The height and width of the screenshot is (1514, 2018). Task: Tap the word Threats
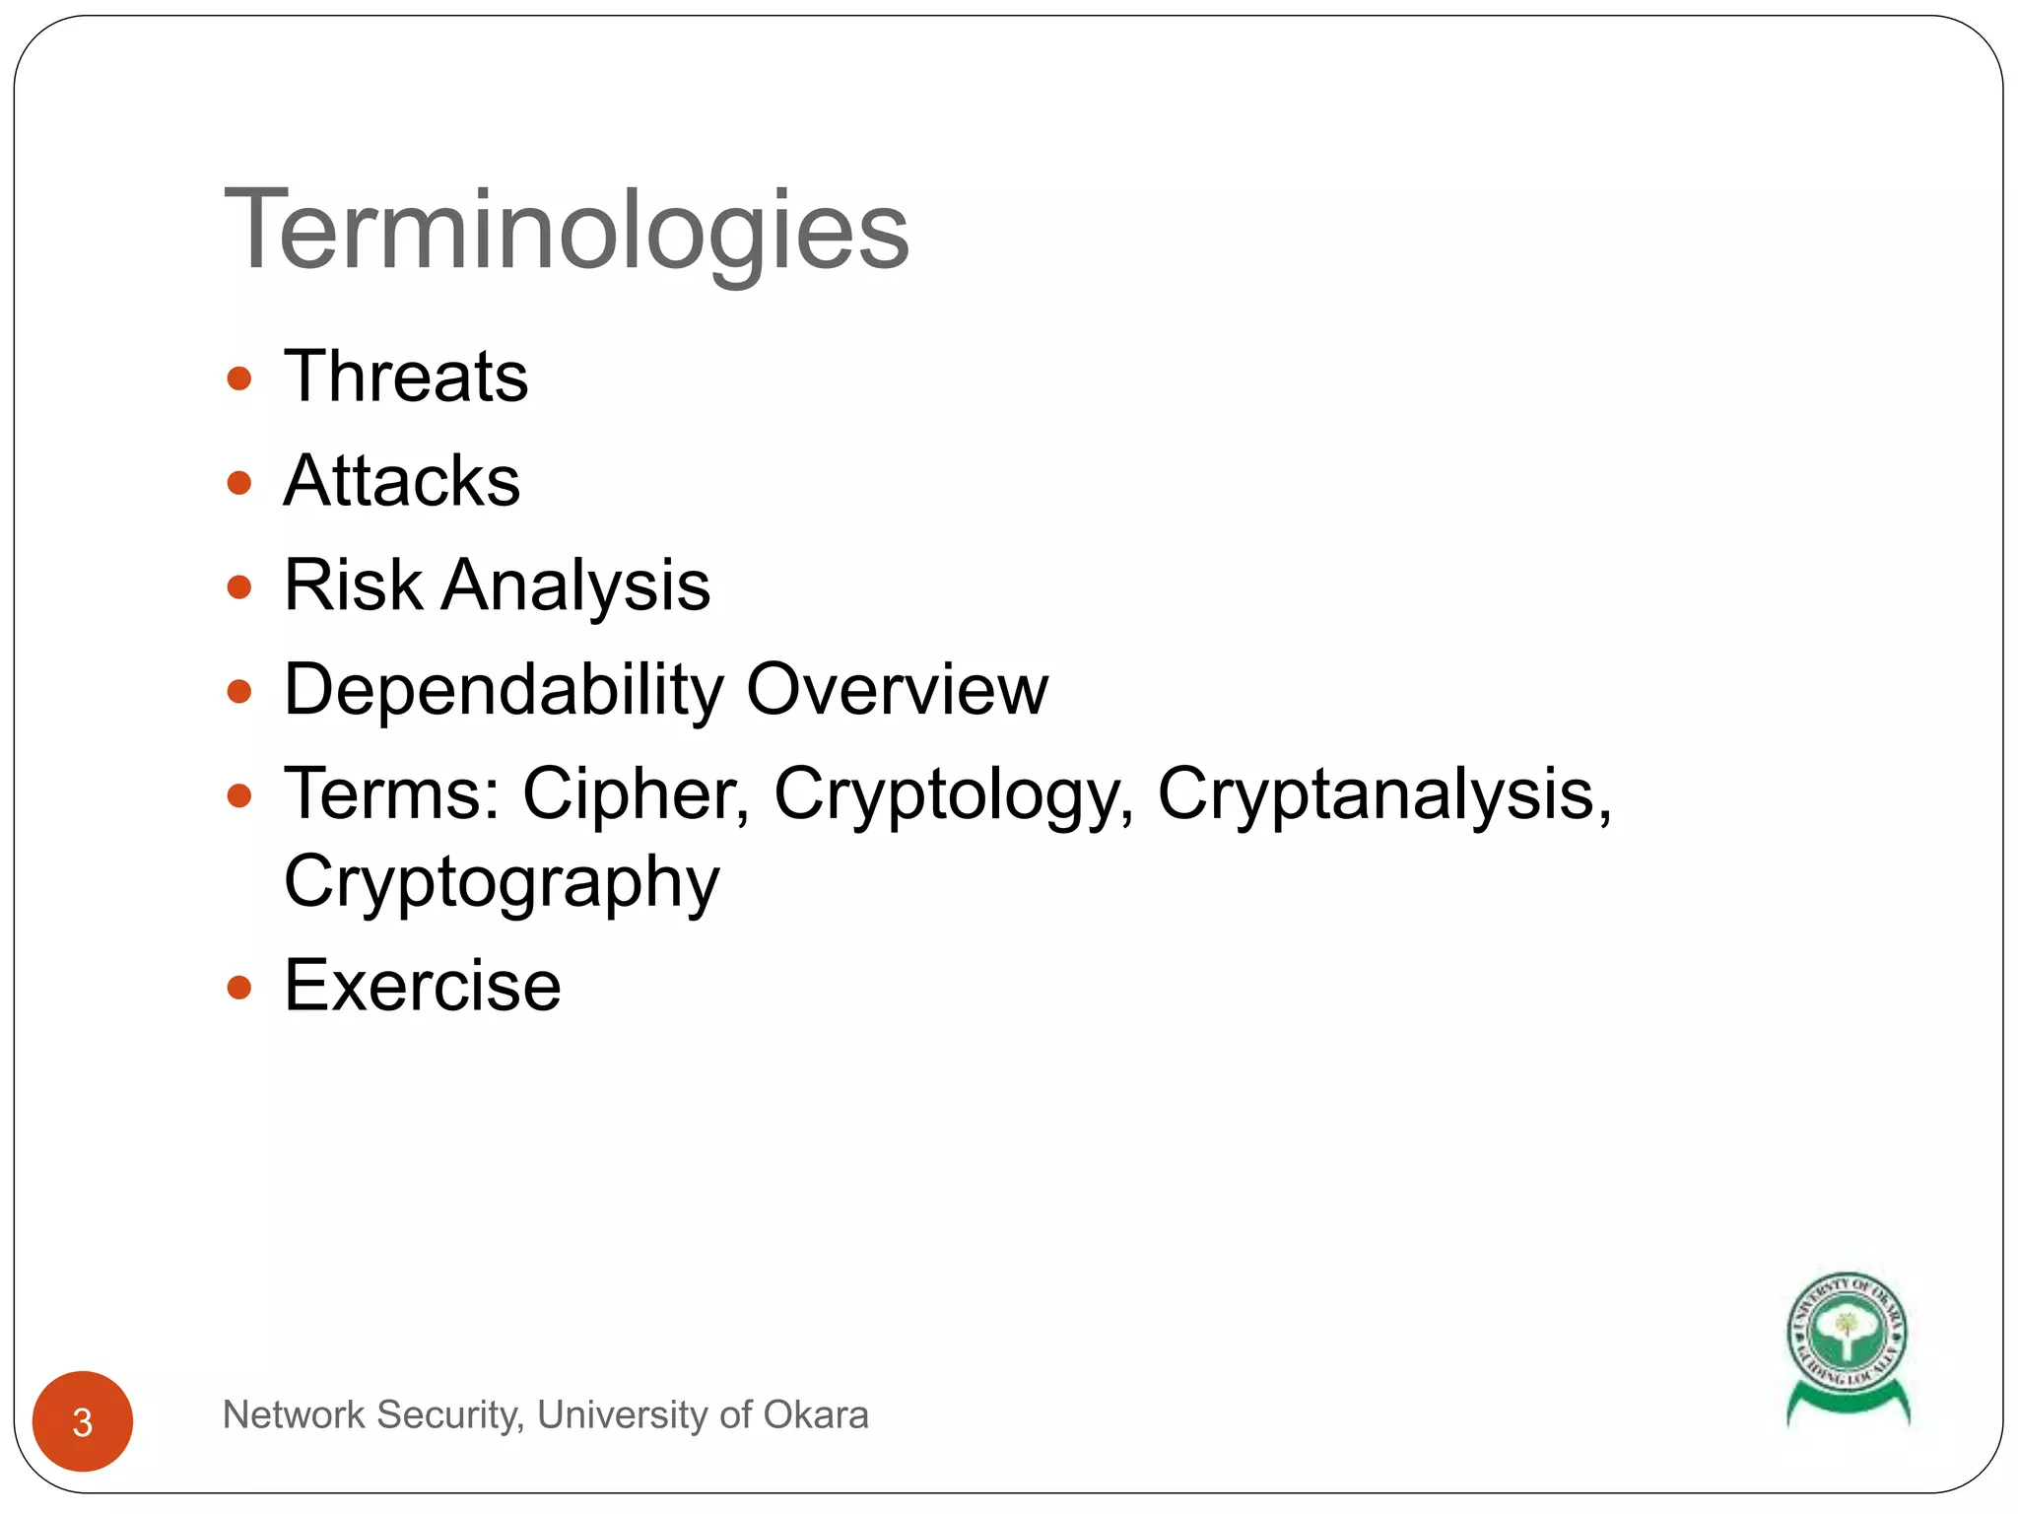tap(406, 377)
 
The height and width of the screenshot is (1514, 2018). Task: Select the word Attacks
tap(402, 481)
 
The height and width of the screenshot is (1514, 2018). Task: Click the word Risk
tap(353, 585)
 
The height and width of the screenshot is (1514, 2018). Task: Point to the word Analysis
tap(575, 586)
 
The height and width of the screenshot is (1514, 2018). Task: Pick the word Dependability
tap(504, 690)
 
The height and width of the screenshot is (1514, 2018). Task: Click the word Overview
tap(897, 689)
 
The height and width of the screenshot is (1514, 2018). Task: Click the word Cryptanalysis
tap(1383, 793)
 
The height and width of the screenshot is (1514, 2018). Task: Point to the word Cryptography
tap(502, 882)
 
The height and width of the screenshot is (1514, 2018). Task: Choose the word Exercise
tap(423, 985)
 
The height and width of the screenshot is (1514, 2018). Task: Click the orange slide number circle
tap(83, 1421)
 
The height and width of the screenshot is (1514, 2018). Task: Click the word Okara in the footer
tap(815, 1414)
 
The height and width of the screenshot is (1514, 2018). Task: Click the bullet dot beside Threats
tap(239, 378)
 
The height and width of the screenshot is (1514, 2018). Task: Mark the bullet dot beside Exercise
tap(239, 987)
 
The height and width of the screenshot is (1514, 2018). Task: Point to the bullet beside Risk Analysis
tap(239, 587)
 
